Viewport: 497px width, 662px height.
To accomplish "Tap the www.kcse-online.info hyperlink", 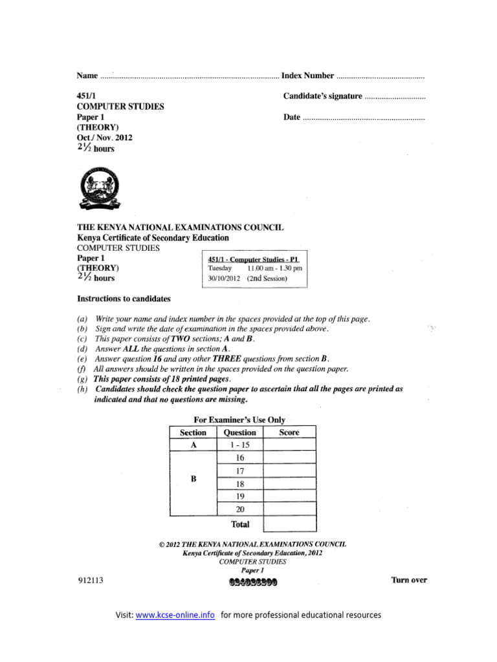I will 175,615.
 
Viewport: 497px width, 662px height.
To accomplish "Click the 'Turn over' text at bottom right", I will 409,580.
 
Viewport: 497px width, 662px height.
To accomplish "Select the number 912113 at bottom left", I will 91,581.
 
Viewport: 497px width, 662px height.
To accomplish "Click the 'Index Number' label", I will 308,76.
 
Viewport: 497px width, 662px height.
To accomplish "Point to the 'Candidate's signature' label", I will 322,96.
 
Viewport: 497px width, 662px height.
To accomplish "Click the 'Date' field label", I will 292,117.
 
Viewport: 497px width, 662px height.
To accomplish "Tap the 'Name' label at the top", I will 87,76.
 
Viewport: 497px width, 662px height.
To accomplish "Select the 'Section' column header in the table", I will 193,432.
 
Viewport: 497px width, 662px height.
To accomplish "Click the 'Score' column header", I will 289,432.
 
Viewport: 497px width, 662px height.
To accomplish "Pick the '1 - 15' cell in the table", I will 239,445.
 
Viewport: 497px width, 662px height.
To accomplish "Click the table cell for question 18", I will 239,484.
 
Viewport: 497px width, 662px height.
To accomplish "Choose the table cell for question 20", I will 239,509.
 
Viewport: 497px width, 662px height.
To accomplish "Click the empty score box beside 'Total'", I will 290,524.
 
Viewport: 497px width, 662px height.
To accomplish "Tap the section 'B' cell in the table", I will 193,478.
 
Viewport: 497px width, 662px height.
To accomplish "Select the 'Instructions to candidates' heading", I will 124,299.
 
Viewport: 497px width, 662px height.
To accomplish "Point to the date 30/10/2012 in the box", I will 224,279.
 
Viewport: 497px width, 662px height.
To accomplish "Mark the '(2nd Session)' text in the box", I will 267,279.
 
